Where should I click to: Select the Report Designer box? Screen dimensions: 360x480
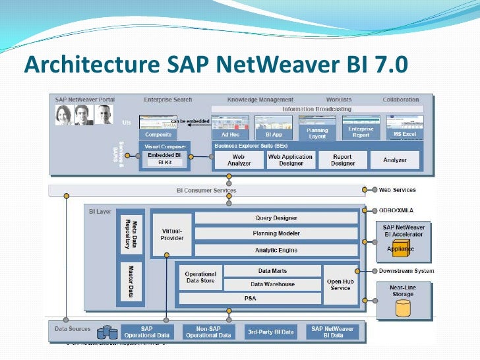[342, 160]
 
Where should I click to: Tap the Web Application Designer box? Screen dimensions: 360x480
[290, 160]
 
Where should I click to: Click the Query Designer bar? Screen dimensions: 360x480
[276, 218]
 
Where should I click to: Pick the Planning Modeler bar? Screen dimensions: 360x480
[276, 233]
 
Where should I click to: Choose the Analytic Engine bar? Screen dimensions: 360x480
[276, 250]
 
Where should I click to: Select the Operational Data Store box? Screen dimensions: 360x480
[200, 278]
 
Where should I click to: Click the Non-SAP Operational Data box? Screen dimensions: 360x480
[208, 332]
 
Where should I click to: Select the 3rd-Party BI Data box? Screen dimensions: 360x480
[270, 332]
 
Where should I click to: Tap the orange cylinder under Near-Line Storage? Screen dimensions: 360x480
[402, 307]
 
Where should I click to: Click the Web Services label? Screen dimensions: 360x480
[397, 190]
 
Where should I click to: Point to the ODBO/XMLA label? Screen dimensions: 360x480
[398, 210]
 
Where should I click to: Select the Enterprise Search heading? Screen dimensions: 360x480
[168, 100]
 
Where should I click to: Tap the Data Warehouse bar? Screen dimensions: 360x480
[272, 284]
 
